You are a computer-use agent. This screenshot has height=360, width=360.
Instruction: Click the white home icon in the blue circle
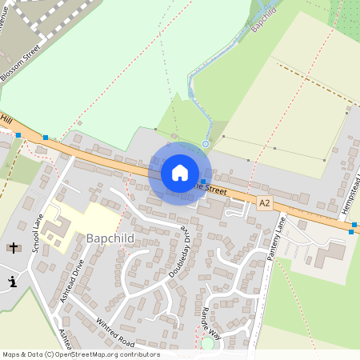pyautogui.click(x=180, y=172)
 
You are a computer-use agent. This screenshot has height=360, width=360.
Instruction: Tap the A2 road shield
pyautogui.click(x=265, y=204)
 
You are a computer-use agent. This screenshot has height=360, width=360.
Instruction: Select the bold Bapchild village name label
pyautogui.click(x=110, y=238)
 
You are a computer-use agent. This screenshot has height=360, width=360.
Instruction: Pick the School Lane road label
pyautogui.click(x=37, y=233)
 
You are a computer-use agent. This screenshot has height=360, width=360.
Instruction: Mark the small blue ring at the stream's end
pyautogui.click(x=206, y=144)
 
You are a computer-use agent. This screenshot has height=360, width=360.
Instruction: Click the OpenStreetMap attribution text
pyautogui.click(x=80, y=354)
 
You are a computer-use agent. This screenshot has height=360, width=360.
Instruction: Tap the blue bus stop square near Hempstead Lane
pyautogui.click(x=350, y=232)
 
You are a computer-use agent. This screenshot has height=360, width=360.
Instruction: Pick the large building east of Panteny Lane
pyautogui.click(x=328, y=255)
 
